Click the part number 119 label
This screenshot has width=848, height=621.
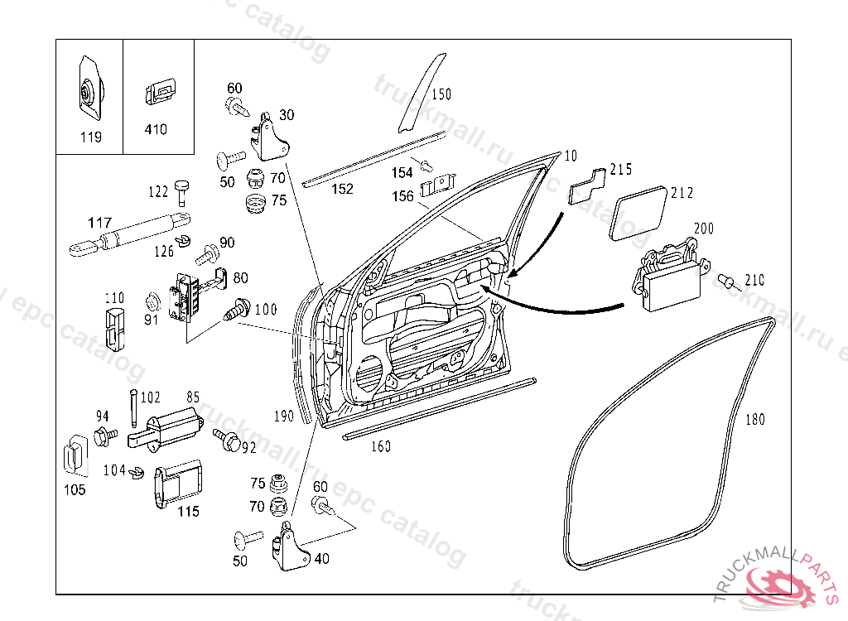point(91,137)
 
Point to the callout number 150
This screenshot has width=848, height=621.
point(441,94)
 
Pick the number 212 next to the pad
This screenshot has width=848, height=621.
point(682,193)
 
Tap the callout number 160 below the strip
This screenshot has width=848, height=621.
point(380,446)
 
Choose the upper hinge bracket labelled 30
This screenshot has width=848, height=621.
point(269,138)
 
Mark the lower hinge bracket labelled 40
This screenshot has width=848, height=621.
point(289,548)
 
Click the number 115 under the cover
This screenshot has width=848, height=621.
point(188,512)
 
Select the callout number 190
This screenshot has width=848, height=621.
point(284,416)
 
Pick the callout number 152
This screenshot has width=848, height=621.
point(342,189)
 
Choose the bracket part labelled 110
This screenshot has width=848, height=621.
point(113,329)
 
